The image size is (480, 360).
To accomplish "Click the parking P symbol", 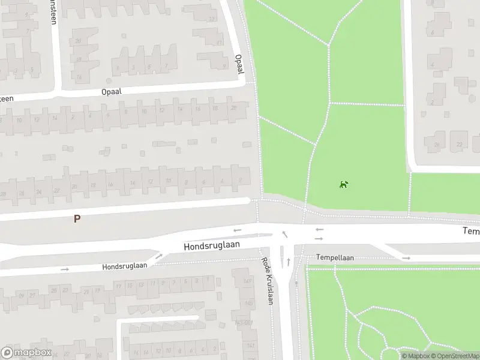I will point(77,219).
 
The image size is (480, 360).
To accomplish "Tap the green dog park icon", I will point(344,184).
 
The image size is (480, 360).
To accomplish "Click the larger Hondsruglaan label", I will point(211,245).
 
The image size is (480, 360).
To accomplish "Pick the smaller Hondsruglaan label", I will point(124,266).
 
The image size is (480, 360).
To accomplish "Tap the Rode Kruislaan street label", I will point(267,281).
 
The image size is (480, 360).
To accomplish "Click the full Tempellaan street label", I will point(336,257).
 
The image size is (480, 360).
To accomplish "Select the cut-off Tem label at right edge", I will point(471,231).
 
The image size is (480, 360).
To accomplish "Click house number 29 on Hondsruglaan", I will point(20,295).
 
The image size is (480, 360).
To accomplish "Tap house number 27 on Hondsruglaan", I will point(32,294).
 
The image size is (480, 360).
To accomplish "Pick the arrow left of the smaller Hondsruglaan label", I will point(65,269).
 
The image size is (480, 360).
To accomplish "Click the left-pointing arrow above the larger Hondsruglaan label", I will point(238,230).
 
